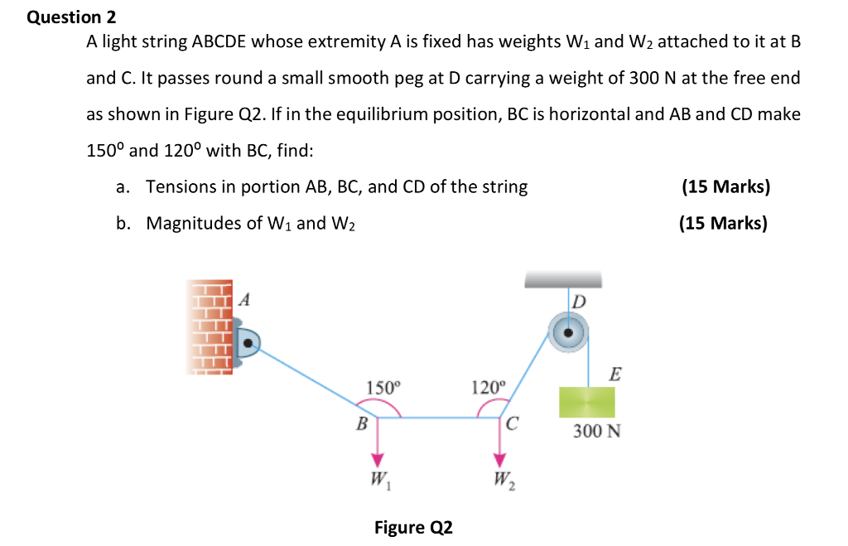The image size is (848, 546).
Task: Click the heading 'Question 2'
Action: [x=72, y=17]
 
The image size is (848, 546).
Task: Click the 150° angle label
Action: [x=382, y=386]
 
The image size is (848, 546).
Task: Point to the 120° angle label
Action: [x=486, y=386]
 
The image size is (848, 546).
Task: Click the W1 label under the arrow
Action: [x=380, y=480]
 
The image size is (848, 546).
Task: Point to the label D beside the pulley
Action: [x=578, y=301]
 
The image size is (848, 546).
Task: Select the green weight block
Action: [x=586, y=403]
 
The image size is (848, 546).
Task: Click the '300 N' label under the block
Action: [x=596, y=432]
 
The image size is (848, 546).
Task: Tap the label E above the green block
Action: [x=614, y=374]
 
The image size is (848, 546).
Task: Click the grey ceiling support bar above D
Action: [x=563, y=282]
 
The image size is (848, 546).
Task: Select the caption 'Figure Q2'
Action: [x=413, y=527]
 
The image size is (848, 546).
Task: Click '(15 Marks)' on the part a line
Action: [x=725, y=186]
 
